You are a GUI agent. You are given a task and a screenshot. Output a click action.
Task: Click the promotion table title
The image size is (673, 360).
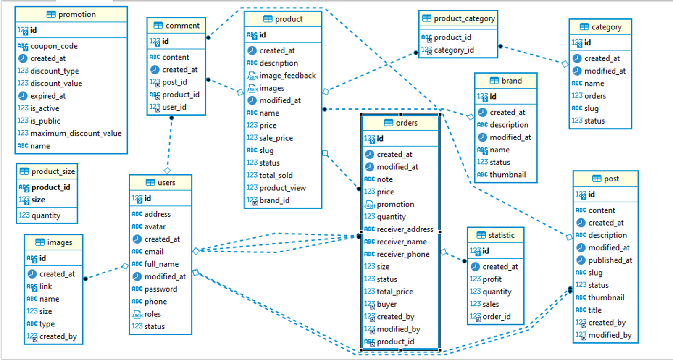(x=76, y=14)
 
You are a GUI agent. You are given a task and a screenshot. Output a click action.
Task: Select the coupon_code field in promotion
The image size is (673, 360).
(x=53, y=46)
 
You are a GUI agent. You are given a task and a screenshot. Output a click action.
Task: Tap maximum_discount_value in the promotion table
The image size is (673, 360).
(x=76, y=133)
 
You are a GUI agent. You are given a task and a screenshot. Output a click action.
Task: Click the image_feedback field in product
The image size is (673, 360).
(x=287, y=76)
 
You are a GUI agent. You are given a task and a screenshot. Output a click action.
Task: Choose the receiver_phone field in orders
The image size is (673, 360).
(x=402, y=254)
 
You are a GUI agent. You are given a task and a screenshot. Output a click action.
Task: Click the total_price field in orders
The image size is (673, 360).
(x=394, y=292)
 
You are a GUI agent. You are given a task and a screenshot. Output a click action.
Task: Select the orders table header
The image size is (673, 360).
(x=406, y=123)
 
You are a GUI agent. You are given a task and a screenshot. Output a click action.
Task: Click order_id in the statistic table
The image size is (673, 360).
(x=496, y=316)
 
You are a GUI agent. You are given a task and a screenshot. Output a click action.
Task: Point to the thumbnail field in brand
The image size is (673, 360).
(x=507, y=175)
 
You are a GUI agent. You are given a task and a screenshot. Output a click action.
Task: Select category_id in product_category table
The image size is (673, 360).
(x=453, y=50)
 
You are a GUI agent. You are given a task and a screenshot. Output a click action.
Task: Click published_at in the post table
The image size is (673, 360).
(x=610, y=260)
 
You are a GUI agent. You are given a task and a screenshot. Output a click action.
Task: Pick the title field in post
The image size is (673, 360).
(x=594, y=310)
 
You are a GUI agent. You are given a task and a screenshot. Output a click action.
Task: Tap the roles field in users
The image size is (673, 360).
(x=152, y=314)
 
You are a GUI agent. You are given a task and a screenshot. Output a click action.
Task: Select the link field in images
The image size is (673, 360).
(x=45, y=286)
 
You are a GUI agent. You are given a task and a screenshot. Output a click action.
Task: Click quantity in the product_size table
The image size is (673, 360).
(x=46, y=215)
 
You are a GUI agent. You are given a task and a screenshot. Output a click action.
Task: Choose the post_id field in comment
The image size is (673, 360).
(x=174, y=82)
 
